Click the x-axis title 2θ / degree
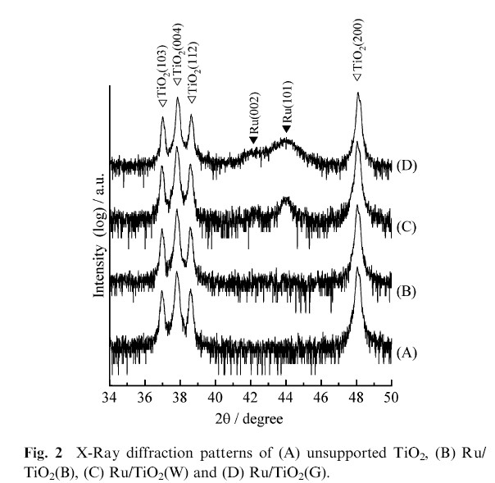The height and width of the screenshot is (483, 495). tap(251, 417)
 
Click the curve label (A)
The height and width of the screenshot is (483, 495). tap(408, 352)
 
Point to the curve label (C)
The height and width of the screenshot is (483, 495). tap(408, 227)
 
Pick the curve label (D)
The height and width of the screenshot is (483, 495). tap(408, 165)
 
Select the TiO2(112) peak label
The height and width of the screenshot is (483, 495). tap(192, 82)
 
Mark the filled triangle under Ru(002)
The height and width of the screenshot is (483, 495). tap(252, 140)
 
